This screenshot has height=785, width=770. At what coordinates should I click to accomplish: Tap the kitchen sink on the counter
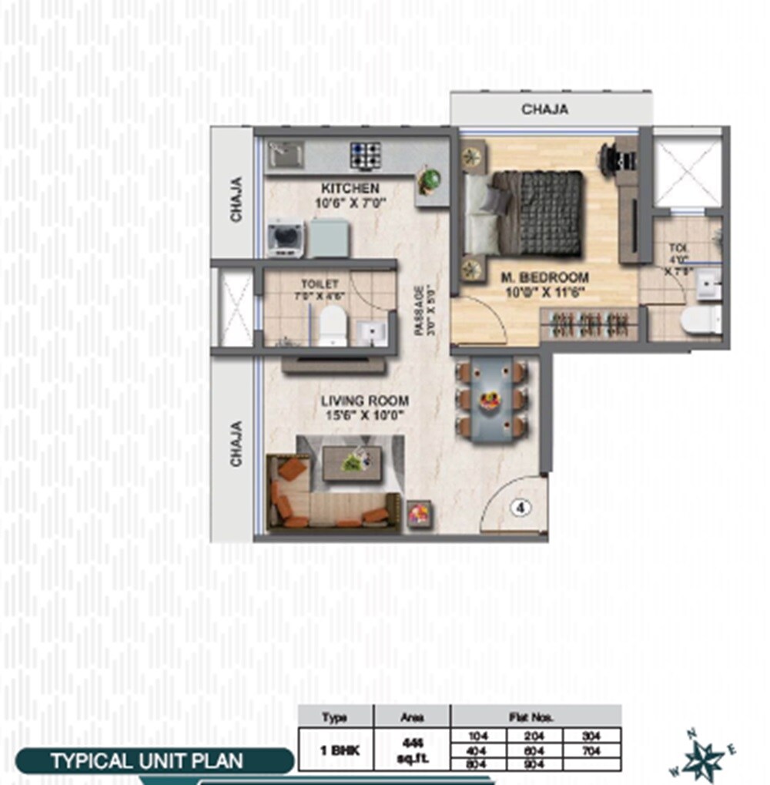pyautogui.click(x=286, y=155)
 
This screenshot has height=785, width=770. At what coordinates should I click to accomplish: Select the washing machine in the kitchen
pyautogui.click(x=285, y=238)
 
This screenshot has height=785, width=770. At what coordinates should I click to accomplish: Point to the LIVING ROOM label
pyautogui.click(x=365, y=401)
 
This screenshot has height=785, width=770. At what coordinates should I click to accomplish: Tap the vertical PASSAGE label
pyautogui.click(x=420, y=310)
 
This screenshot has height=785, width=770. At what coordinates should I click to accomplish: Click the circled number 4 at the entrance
pyautogui.click(x=521, y=508)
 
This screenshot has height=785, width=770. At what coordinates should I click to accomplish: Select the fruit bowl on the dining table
pyautogui.click(x=489, y=400)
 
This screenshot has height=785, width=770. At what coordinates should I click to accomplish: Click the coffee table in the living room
pyautogui.click(x=351, y=462)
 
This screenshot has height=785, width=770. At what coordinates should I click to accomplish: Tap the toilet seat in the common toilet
pyautogui.click(x=333, y=324)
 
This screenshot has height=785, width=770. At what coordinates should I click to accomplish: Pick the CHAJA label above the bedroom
pyautogui.click(x=544, y=109)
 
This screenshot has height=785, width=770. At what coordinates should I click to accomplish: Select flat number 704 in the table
pyautogui.click(x=591, y=748)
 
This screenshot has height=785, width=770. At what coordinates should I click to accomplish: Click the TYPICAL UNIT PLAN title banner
pyautogui.click(x=146, y=761)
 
